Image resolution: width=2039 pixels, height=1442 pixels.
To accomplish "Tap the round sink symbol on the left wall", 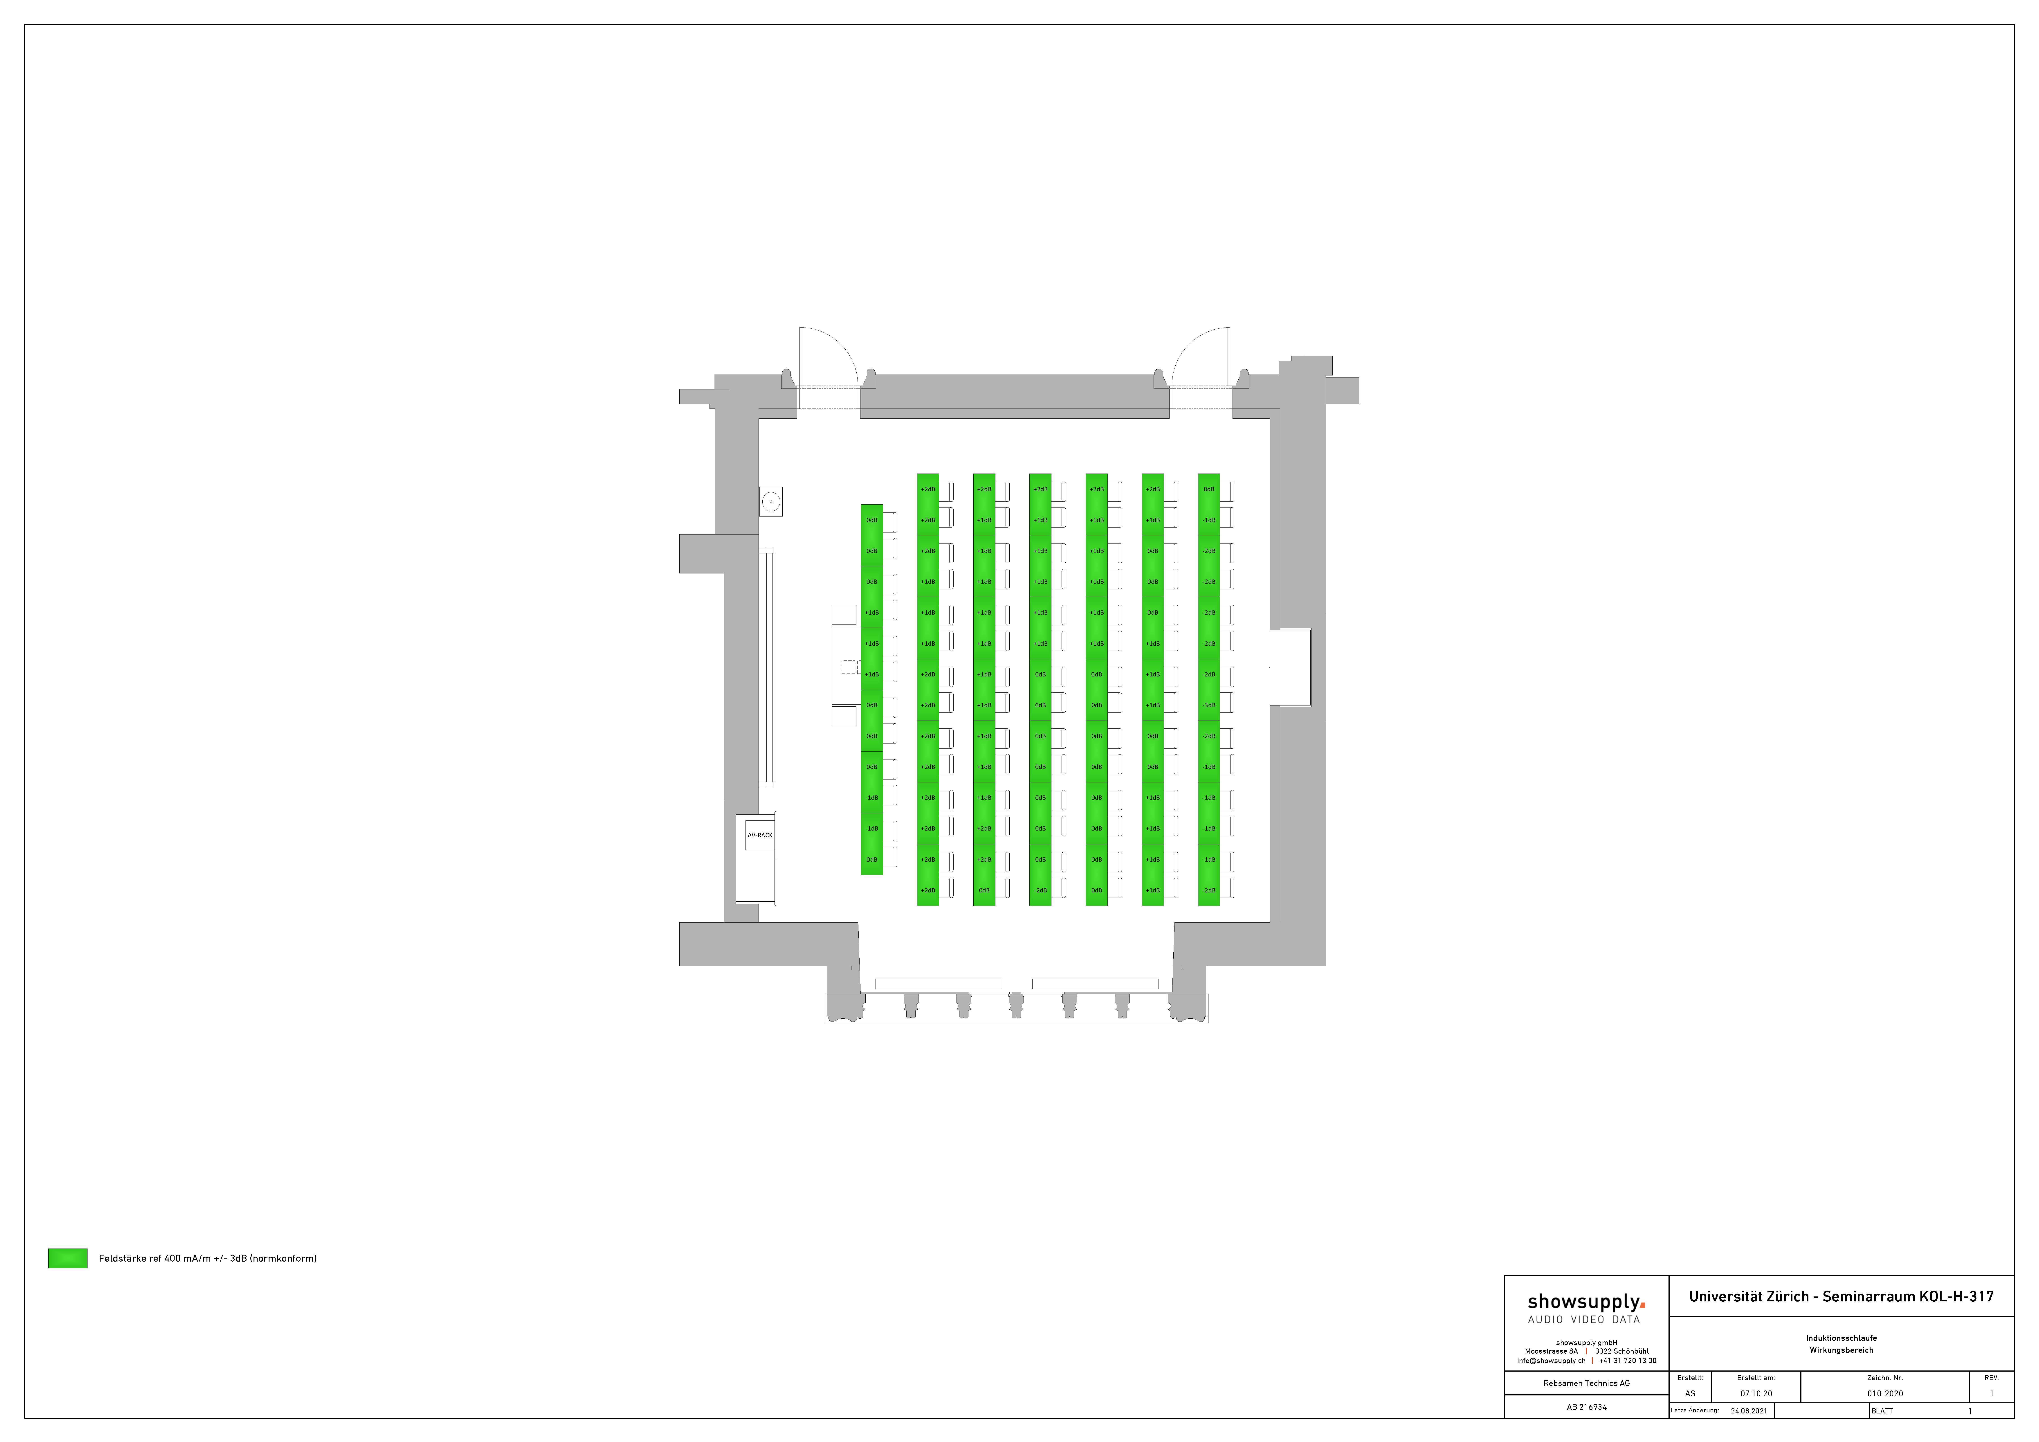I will tap(771, 502).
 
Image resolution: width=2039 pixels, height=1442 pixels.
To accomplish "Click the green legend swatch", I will tap(67, 1258).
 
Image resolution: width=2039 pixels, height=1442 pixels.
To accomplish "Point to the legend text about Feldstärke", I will tap(207, 1258).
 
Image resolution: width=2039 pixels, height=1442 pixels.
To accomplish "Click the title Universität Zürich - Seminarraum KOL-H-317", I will tap(1841, 1296).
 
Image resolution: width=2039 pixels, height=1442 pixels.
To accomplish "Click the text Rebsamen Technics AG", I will tap(1586, 1383).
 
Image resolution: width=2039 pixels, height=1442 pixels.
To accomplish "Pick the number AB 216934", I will tap(1586, 1407).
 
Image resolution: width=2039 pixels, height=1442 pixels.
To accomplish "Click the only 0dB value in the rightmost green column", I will tap(1209, 489).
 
